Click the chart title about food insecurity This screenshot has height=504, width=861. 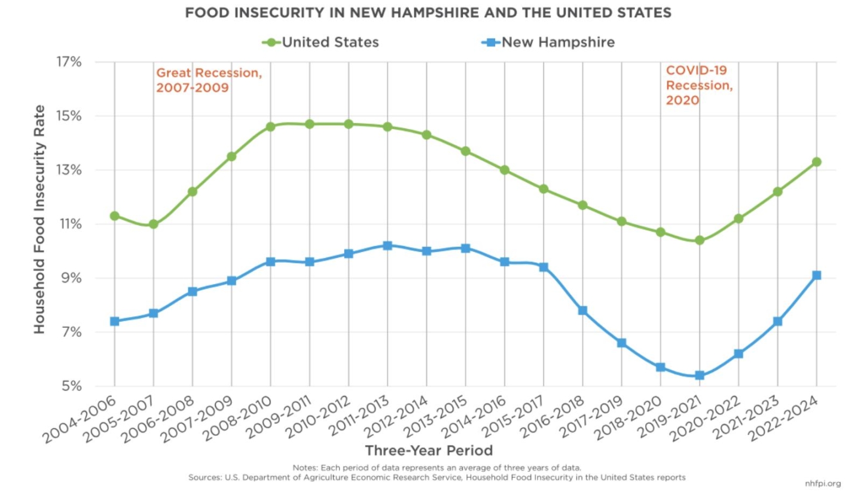[428, 13]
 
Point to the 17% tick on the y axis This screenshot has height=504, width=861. [69, 62]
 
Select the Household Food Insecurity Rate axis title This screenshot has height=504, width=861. [39, 219]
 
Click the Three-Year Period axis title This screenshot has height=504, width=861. [429, 450]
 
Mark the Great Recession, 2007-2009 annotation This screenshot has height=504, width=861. [209, 80]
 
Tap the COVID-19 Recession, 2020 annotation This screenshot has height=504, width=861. [699, 85]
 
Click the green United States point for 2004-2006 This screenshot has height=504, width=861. [115, 216]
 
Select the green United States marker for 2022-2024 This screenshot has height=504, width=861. [816, 162]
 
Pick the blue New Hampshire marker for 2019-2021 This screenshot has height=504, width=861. [700, 376]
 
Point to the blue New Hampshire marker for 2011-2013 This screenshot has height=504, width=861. [387, 245]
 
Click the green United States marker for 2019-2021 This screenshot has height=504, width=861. [700, 240]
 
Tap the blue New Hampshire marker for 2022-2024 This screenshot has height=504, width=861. [816, 275]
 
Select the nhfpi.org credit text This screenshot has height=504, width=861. [823, 484]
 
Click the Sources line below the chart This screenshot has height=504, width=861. [436, 477]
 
